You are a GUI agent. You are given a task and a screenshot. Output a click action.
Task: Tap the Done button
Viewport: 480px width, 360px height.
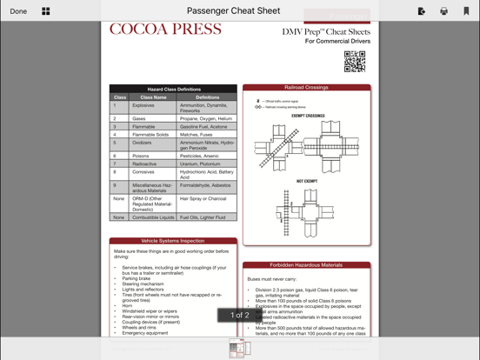[x=18, y=11]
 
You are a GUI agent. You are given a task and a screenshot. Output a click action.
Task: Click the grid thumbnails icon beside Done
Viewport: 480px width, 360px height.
[x=46, y=11]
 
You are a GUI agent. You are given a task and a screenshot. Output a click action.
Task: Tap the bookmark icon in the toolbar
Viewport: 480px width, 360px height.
[x=466, y=11]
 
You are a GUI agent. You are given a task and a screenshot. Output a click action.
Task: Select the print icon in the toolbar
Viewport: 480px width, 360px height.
[x=444, y=11]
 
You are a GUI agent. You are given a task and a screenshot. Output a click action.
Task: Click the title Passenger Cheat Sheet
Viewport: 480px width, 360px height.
[x=233, y=11]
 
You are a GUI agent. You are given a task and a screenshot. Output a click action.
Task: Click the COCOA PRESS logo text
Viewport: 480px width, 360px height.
[x=165, y=30]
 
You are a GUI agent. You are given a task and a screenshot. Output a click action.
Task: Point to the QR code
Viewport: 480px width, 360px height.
[x=354, y=61]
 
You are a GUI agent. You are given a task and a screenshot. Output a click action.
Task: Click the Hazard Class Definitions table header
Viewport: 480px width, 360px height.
[x=173, y=89]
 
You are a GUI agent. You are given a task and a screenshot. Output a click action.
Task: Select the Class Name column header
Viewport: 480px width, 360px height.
[x=153, y=97]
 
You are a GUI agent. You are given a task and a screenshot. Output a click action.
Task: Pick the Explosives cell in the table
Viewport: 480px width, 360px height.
[x=143, y=105]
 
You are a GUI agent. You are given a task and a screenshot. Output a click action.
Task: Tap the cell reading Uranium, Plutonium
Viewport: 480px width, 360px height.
[x=200, y=163]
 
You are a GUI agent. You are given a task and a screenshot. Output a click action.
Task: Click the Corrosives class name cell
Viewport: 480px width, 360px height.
[x=143, y=172]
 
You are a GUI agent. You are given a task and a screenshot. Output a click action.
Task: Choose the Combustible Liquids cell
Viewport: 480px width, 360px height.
[x=153, y=217]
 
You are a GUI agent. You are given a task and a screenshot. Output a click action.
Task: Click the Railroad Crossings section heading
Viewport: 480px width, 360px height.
[x=306, y=88]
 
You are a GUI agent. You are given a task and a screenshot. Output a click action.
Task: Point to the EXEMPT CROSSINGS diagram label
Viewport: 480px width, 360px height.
[x=308, y=116]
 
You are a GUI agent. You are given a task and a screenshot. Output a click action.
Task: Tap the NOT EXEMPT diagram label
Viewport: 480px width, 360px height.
[x=307, y=182]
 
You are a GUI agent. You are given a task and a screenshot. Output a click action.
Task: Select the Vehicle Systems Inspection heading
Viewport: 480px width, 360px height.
[x=173, y=241]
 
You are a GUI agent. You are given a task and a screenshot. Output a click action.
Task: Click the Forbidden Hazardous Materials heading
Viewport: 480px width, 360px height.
[x=306, y=265]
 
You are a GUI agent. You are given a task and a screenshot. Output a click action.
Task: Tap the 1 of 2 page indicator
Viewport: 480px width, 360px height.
[x=239, y=315]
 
